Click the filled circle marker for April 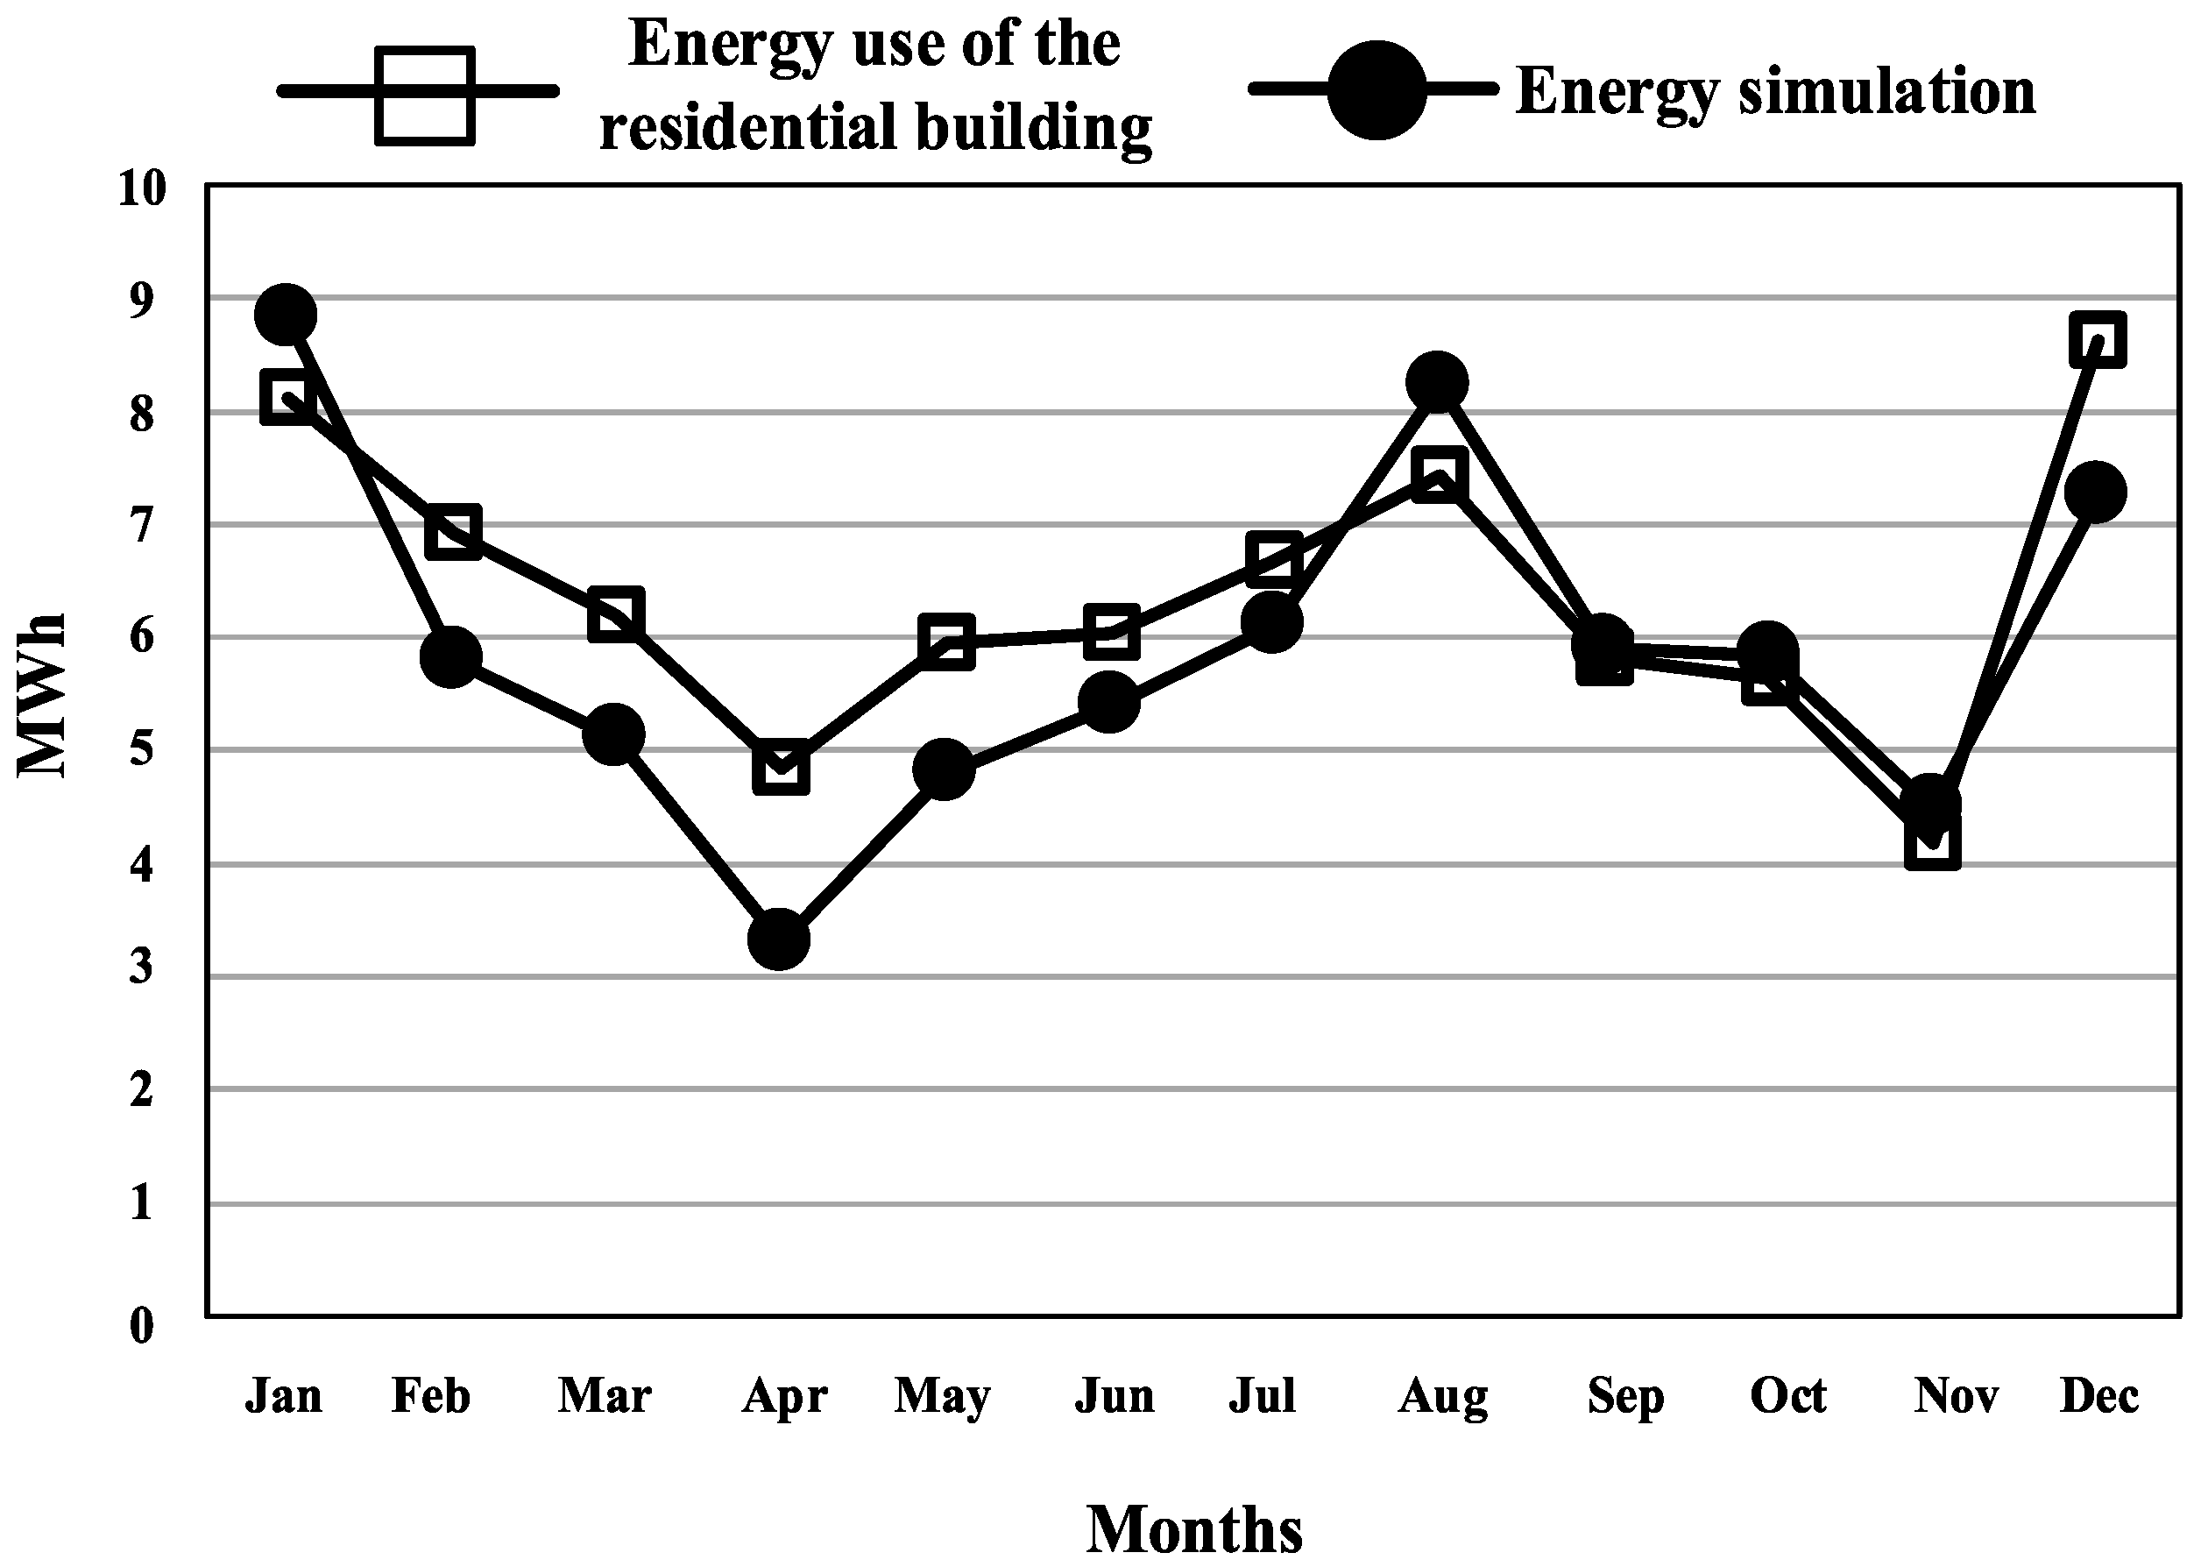point(779,938)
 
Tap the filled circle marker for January point(286,315)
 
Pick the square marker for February point(453,531)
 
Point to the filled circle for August point(1437,382)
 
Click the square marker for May point(945,642)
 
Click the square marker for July point(1273,557)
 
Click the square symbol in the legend point(424,96)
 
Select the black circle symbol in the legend point(1377,89)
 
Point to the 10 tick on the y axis point(142,188)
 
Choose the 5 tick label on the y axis point(142,748)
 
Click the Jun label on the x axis point(1114,1396)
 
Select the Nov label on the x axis point(1956,1396)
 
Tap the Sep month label point(1625,1396)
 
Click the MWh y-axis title point(44,695)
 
